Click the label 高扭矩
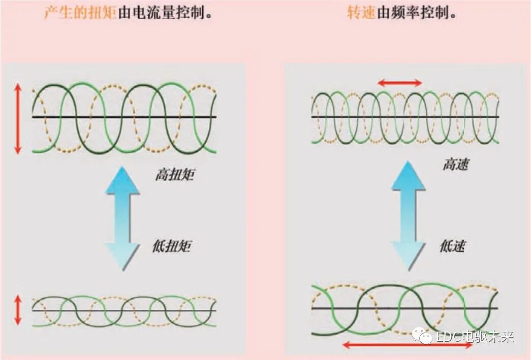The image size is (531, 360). (x=174, y=176)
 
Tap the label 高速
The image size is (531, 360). (x=455, y=165)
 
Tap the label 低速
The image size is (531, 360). (x=453, y=247)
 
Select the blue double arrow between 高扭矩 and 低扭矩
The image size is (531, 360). (x=122, y=218)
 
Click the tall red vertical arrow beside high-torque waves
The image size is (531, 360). (x=18, y=119)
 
